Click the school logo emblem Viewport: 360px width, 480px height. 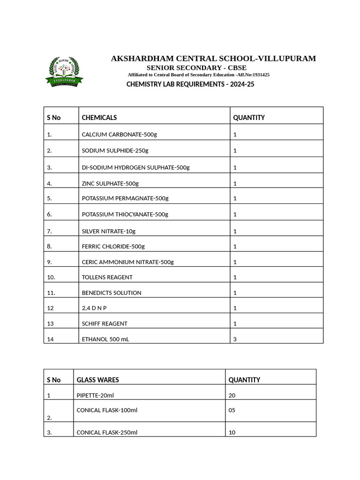click(x=64, y=71)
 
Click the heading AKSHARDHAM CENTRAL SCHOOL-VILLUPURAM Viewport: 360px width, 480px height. click(x=213, y=59)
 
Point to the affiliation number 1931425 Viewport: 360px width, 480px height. click(x=261, y=75)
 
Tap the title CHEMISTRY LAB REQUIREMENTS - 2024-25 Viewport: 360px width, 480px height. click(x=190, y=84)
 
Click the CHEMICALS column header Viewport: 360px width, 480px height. click(x=99, y=118)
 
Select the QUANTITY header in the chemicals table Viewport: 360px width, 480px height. click(x=249, y=118)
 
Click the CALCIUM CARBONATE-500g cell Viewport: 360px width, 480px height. click(x=120, y=135)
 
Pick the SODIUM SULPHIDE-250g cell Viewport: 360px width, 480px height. click(x=115, y=150)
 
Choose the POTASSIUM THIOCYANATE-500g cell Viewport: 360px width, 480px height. click(x=125, y=214)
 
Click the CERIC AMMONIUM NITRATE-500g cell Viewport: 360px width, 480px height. click(x=127, y=262)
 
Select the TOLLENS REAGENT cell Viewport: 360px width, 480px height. click(x=107, y=277)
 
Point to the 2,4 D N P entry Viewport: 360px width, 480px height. click(x=97, y=308)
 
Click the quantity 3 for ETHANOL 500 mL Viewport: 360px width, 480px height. click(x=235, y=339)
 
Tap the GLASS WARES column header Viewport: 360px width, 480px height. click(x=97, y=380)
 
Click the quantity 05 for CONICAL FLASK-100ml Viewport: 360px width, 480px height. click(x=232, y=410)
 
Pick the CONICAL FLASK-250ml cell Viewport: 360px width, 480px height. click(x=107, y=432)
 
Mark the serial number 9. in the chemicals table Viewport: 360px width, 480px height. click(x=50, y=262)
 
